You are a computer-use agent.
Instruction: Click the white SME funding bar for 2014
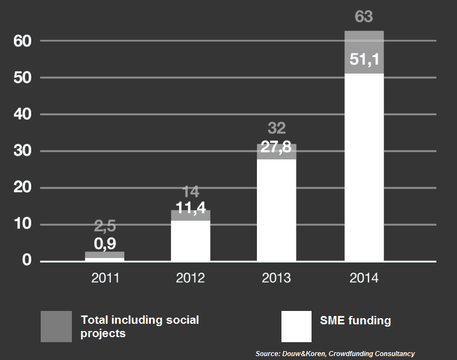click(x=364, y=167)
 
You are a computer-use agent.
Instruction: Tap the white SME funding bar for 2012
click(x=191, y=241)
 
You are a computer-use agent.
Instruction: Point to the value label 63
click(x=364, y=17)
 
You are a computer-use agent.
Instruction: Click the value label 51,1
click(x=364, y=60)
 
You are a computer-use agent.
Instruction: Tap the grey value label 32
click(x=276, y=129)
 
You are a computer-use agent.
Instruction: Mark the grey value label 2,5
click(x=105, y=227)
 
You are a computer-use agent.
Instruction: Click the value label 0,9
click(x=105, y=244)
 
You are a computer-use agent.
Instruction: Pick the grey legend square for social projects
click(x=56, y=327)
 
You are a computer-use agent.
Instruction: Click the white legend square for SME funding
click(x=296, y=327)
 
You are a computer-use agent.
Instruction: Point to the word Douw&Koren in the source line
click(x=302, y=354)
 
